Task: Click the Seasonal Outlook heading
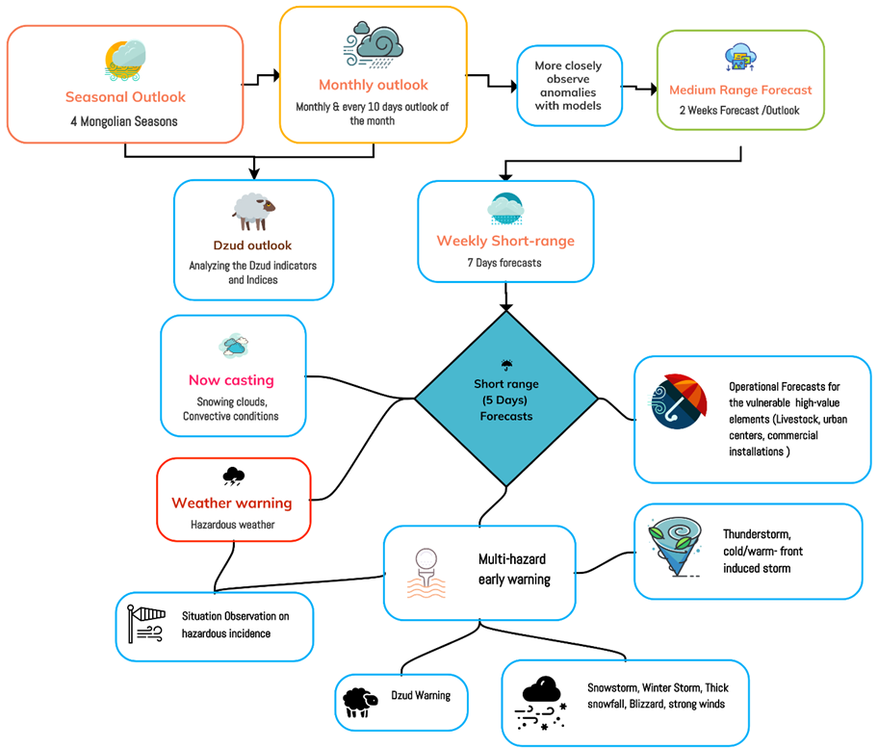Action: [125, 97]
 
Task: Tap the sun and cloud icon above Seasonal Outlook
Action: [125, 60]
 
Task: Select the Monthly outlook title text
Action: [374, 85]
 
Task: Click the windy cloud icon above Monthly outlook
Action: [373, 44]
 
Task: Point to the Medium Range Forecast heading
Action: [740, 90]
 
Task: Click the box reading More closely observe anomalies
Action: [569, 86]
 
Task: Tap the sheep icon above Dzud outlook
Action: [254, 212]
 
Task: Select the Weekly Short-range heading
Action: [505, 241]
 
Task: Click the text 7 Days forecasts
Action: [504, 263]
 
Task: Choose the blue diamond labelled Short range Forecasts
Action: [506, 399]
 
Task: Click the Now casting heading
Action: [231, 380]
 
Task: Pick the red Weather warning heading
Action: [232, 503]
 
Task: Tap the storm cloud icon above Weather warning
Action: [233, 476]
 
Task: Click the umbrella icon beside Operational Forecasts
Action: [677, 401]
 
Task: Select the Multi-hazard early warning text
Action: [514, 569]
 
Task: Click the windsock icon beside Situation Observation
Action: [145, 624]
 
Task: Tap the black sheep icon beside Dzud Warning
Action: [360, 702]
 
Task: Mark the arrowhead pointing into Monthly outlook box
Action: [275, 75]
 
